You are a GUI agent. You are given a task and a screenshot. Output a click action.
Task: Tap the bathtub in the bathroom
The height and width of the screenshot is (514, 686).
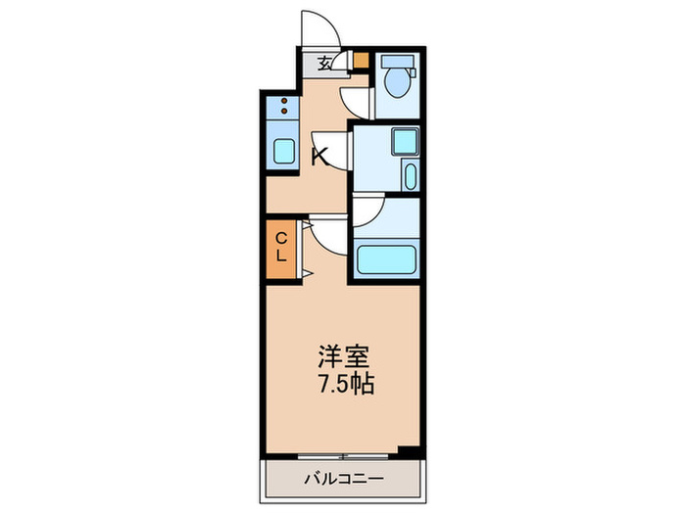coord(388,259)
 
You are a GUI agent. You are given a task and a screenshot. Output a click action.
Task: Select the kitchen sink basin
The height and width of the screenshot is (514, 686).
coord(283,153)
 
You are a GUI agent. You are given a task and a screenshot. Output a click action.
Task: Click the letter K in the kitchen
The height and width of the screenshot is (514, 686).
coord(319,156)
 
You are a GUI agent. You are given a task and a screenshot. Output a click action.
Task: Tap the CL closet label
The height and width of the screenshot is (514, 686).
coord(280,246)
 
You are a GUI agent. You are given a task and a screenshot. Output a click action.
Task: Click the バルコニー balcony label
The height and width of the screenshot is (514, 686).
coord(342,480)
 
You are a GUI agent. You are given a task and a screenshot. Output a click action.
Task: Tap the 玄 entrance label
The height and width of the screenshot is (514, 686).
coord(324,65)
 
